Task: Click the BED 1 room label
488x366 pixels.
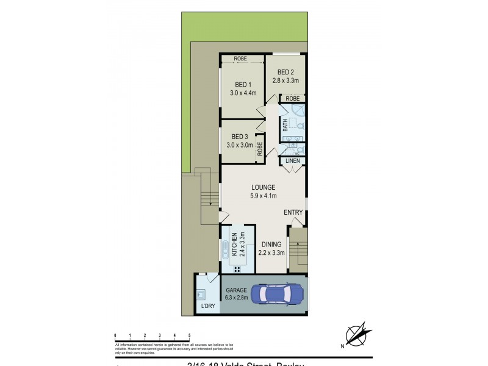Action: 243,84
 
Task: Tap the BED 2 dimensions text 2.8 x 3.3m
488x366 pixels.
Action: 285,81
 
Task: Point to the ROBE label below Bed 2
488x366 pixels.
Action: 293,98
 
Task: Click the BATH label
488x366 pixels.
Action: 285,125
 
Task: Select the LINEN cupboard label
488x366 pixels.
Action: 293,161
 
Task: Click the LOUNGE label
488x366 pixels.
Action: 264,187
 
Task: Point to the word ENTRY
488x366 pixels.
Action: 293,212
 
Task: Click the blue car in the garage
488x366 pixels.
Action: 280,294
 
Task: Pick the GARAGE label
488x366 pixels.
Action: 235,290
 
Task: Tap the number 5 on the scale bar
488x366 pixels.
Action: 189,335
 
